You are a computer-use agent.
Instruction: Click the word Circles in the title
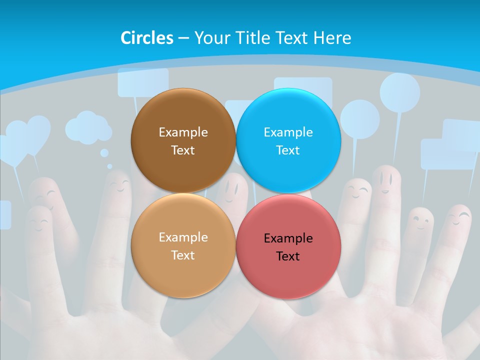pyautogui.click(x=147, y=38)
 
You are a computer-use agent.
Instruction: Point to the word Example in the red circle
pyautogui.click(x=288, y=238)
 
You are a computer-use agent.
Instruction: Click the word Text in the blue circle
pyautogui.click(x=288, y=150)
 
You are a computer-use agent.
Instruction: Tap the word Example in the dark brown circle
pyautogui.click(x=183, y=132)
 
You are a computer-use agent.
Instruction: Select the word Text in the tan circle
pyautogui.click(x=183, y=255)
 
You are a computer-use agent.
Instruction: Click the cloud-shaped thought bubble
pyautogui.click(x=88, y=127)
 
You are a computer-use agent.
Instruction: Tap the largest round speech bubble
pyautogui.click(x=399, y=92)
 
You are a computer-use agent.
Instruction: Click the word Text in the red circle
pyautogui.click(x=288, y=256)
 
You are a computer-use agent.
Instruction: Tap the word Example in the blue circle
pyautogui.click(x=288, y=132)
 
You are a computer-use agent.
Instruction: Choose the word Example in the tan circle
pyautogui.click(x=183, y=237)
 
